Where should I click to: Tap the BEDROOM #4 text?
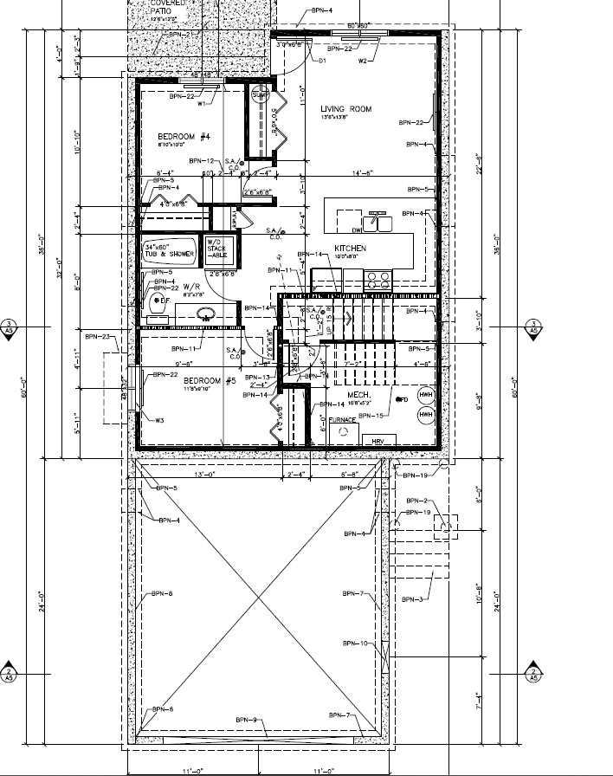[184, 137]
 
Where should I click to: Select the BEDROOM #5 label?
[185, 381]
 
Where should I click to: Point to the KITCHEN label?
[351, 249]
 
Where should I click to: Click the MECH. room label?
[359, 395]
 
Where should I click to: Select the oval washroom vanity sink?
[206, 314]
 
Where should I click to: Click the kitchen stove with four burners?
[377, 279]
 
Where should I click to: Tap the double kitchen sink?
[377, 223]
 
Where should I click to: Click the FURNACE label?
[342, 420]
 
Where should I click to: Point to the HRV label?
[377, 442]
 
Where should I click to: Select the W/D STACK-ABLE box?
[216, 248]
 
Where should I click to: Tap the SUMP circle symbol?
[261, 96]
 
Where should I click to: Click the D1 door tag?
[321, 61]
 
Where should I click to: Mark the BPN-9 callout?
[246, 721]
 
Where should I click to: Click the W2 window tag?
[362, 61]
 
